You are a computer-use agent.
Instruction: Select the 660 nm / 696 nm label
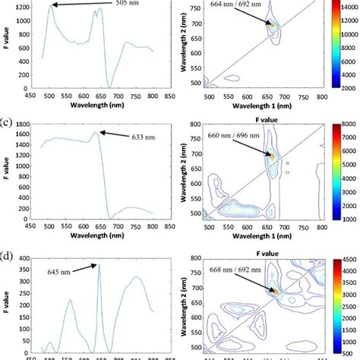click(x=231, y=137)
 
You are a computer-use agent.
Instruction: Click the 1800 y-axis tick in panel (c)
click(x=24, y=124)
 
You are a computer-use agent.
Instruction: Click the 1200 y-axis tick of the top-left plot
click(x=24, y=6)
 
